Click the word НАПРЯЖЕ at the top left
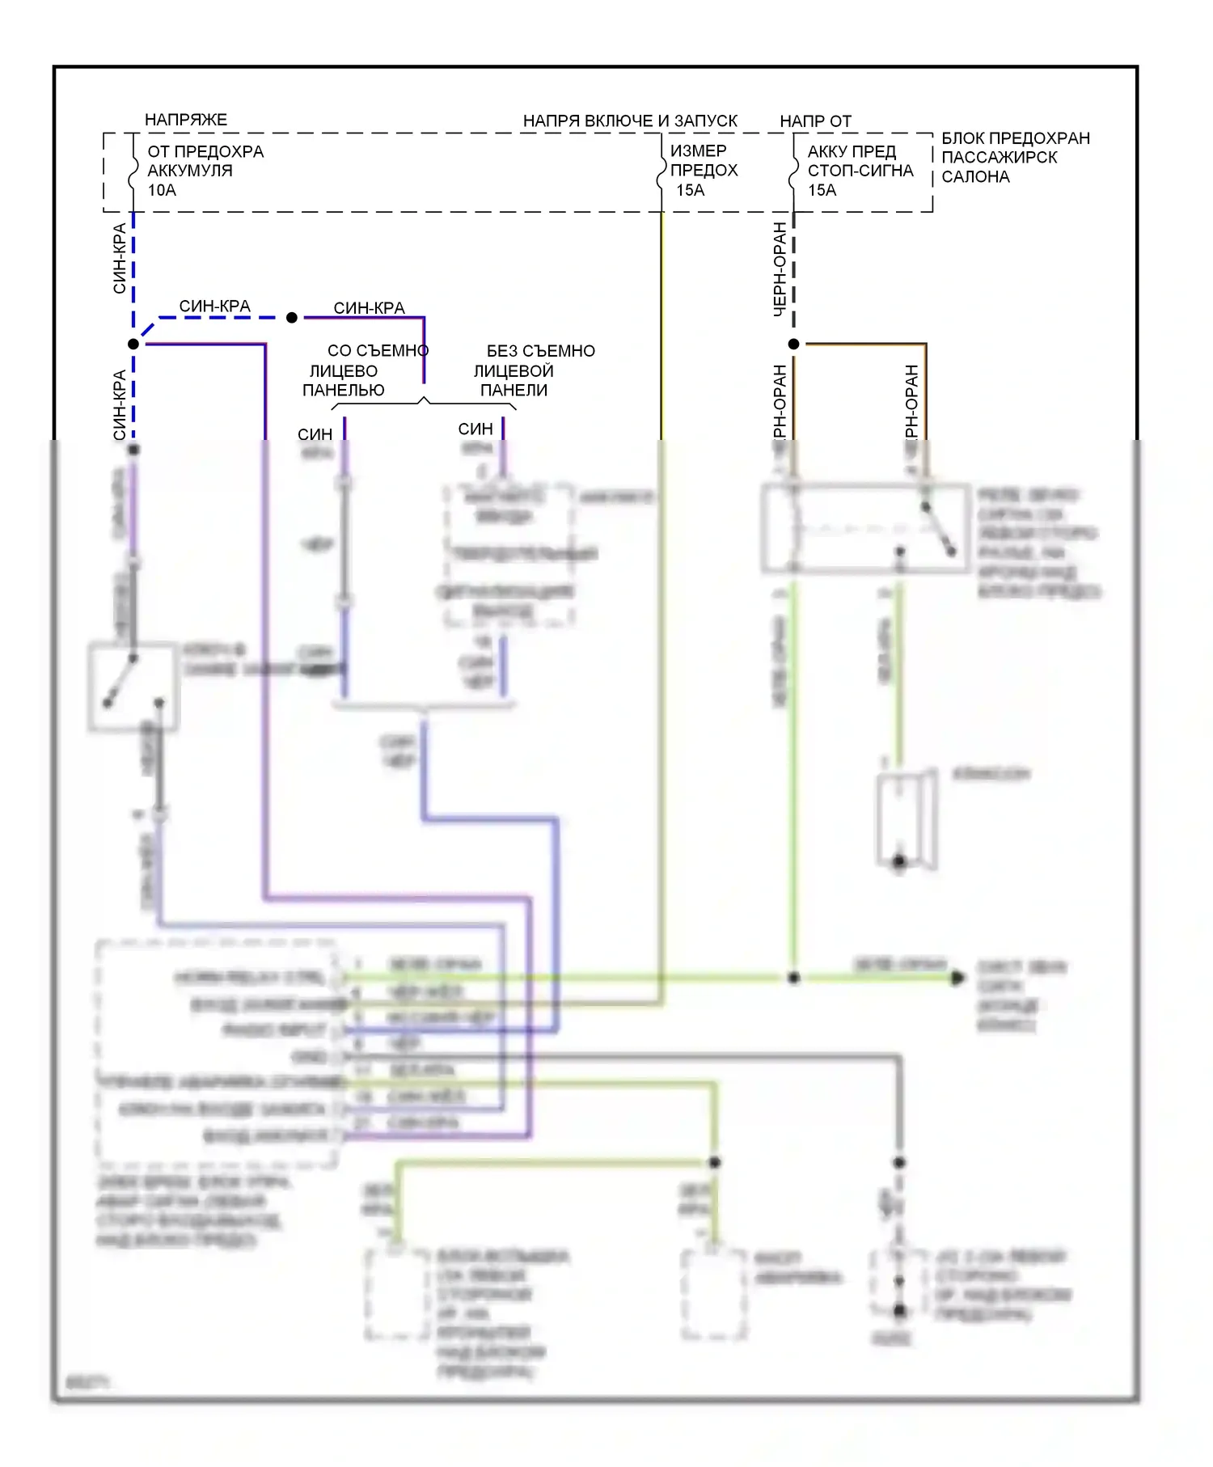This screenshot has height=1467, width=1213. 185,120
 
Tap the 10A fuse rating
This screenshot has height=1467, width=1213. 162,190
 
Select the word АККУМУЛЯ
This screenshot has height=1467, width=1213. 189,171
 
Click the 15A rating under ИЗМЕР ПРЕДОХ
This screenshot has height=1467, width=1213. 690,190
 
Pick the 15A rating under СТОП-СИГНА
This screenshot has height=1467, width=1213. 822,190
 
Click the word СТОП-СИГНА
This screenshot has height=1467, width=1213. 860,171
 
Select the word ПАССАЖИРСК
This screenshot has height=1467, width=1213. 999,157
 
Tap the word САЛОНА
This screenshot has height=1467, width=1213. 975,176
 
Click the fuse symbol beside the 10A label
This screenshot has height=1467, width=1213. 133,172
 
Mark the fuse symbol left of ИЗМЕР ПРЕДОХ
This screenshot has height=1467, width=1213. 661,172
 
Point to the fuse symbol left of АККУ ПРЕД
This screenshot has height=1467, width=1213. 793,172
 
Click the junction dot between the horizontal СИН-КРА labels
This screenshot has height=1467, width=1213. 292,318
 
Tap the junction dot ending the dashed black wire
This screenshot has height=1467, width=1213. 793,344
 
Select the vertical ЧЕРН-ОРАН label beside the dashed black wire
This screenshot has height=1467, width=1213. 780,268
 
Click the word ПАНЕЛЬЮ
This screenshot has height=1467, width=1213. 343,390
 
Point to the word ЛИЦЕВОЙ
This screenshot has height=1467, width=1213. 513,370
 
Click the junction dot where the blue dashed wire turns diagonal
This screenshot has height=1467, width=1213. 133,344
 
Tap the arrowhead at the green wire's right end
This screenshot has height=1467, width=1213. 957,978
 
